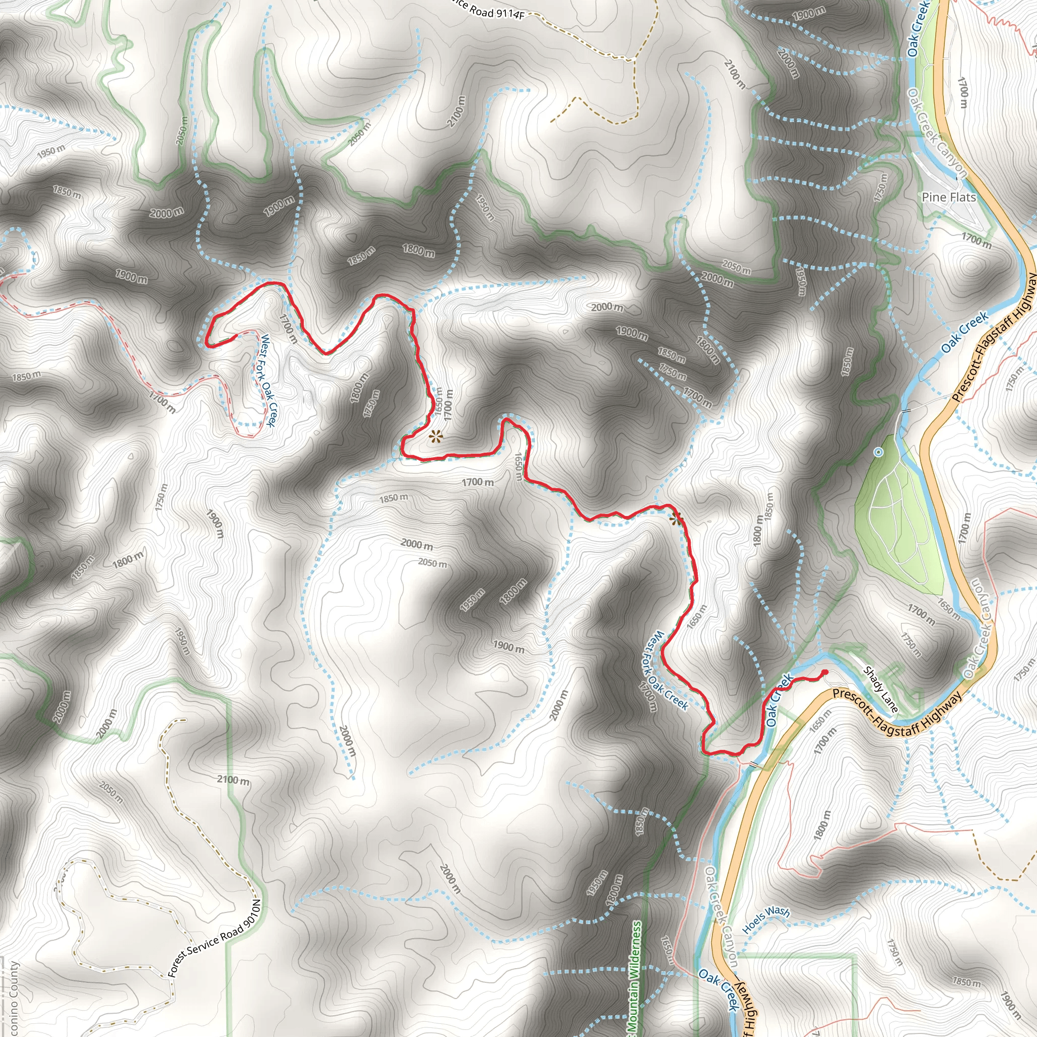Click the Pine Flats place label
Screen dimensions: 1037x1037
(948, 197)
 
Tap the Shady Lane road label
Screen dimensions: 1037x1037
(880, 689)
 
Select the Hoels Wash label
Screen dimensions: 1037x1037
(766, 919)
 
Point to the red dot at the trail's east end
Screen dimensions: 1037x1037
(825, 672)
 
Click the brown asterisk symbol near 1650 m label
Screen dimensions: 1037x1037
(435, 437)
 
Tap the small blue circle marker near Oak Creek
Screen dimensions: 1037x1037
(878, 453)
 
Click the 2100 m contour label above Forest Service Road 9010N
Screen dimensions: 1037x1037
(233, 779)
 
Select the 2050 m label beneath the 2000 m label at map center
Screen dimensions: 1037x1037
(432, 563)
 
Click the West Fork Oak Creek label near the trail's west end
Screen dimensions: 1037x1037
(267, 381)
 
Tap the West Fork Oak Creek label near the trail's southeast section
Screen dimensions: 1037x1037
(667, 671)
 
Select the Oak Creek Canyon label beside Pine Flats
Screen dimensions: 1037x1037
(937, 133)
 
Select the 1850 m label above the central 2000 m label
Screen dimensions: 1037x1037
(393, 498)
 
